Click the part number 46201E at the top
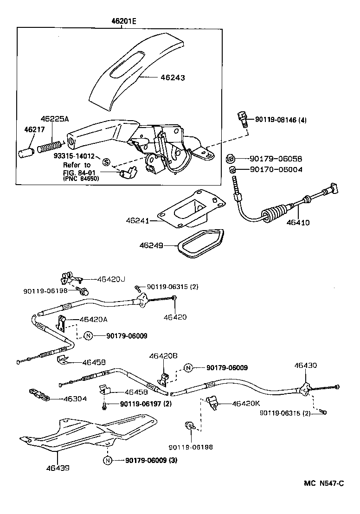click(124, 21)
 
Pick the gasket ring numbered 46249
click(200, 243)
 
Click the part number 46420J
click(111, 279)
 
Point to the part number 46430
click(306, 365)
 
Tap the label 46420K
click(246, 404)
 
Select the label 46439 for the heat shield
click(58, 468)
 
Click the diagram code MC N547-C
click(324, 483)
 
